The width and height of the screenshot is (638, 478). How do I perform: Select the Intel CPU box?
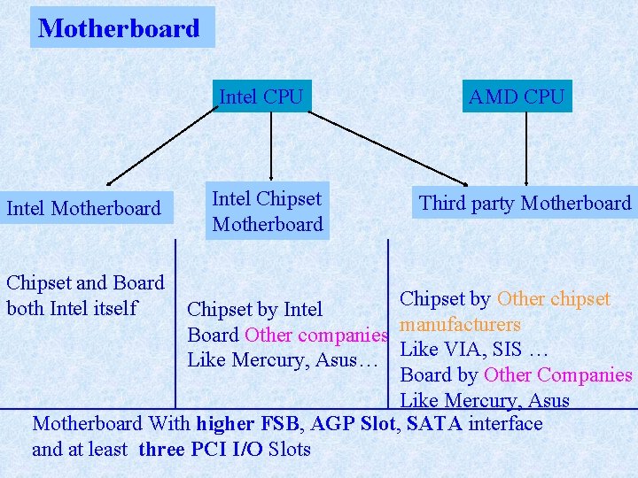pos(261,96)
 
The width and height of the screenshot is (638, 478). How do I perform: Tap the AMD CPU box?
pos(516,96)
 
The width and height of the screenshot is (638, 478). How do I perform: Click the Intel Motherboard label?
pos(83,209)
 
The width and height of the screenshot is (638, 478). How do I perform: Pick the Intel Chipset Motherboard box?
pos(267,212)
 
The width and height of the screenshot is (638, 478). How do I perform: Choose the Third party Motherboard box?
pos(525,204)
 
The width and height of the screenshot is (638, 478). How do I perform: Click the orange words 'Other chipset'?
pos(554,299)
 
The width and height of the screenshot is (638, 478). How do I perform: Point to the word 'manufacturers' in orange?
pos(460,325)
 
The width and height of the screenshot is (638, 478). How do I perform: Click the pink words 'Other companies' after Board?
pos(315,335)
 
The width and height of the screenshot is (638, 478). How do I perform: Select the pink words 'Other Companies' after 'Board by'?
pos(557,374)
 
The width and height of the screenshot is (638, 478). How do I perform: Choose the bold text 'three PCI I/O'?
pos(200,450)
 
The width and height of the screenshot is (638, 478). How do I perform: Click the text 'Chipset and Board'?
pos(85,283)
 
